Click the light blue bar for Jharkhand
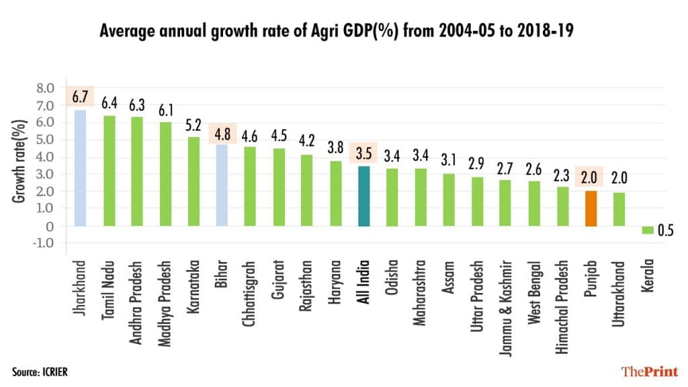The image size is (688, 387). [x=80, y=168]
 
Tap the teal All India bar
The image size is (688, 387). [x=363, y=196]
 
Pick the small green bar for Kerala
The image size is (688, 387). [x=648, y=230]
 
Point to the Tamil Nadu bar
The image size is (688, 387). [x=109, y=171]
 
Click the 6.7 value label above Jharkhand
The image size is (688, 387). [x=80, y=97]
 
